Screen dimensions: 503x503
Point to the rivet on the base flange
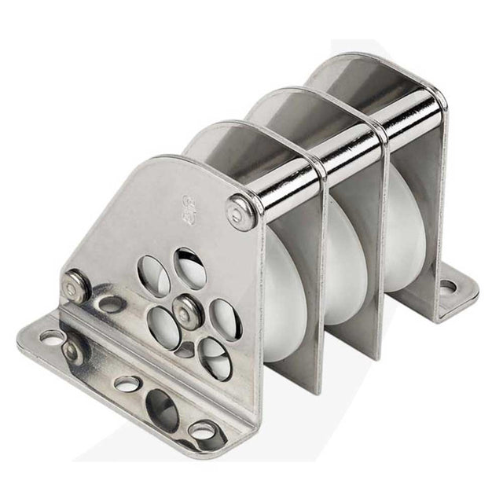73,351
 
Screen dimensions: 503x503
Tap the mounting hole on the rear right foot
448,288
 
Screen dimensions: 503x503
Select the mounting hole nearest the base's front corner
203,431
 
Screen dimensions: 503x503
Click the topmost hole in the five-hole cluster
189,268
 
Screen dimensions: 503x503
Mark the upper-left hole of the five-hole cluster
153,277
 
